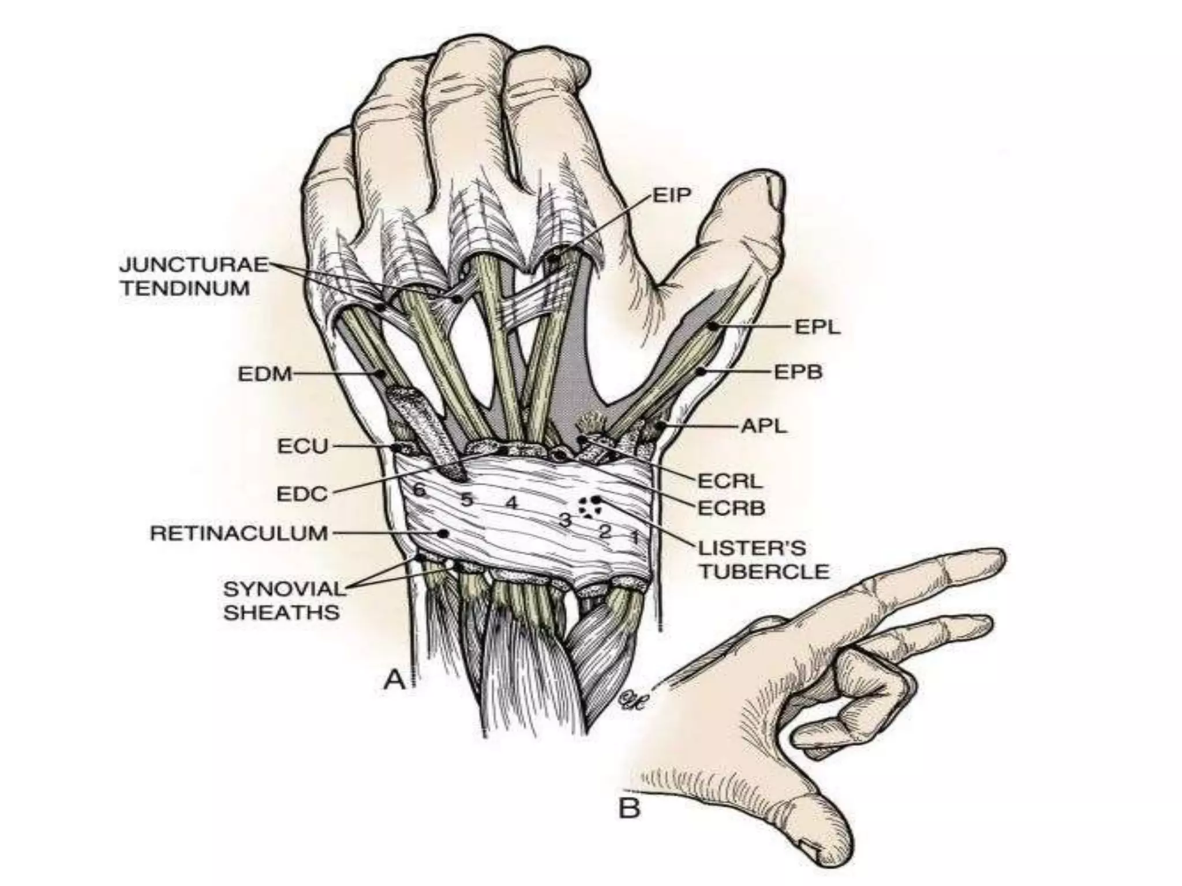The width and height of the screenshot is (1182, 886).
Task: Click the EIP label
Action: [672, 195]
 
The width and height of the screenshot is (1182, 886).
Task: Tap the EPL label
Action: [818, 327]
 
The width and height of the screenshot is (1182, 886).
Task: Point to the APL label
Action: [764, 427]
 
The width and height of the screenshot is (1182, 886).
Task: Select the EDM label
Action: [265, 374]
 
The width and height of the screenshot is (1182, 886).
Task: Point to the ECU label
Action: [302, 446]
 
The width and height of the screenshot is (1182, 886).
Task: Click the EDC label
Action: [302, 494]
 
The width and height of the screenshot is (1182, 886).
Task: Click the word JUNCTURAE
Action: [194, 265]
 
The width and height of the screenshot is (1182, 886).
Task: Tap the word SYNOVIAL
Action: [284, 589]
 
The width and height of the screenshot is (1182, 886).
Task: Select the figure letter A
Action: [395, 680]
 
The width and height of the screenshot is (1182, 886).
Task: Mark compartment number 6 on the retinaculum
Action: [420, 490]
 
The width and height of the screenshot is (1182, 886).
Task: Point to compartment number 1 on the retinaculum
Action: [634, 538]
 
